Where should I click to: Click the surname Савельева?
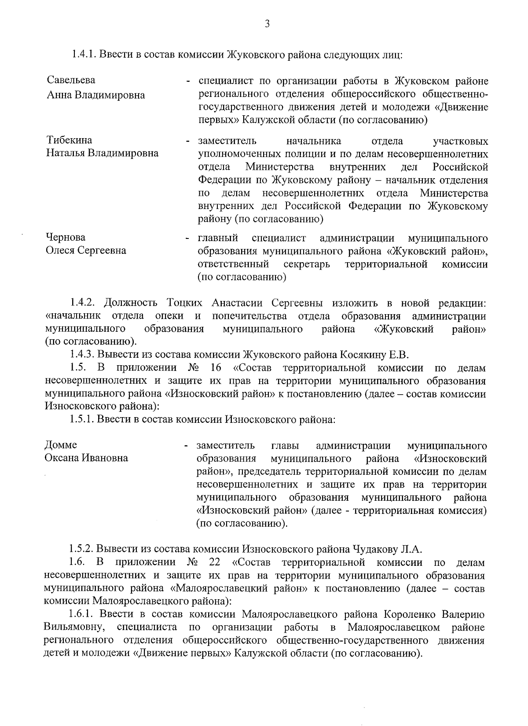pyautogui.click(x=71, y=81)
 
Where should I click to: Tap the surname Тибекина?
pyautogui.click(x=69, y=140)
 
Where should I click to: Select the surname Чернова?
pyautogui.click(x=66, y=238)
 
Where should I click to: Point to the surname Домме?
pyautogui.click(x=61, y=445)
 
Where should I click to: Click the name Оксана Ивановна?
pyautogui.click(x=86, y=458)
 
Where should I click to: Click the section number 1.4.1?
pyautogui.click(x=84, y=55)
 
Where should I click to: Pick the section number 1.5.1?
pyautogui.click(x=81, y=419)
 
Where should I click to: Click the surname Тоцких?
pyautogui.click(x=184, y=303)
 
